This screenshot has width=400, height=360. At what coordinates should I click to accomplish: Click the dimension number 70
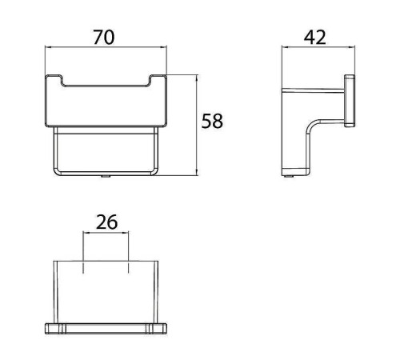coord(104,38)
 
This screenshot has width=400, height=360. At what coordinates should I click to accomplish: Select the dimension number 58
coord(212,121)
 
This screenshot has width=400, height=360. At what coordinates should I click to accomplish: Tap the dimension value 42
coord(314,38)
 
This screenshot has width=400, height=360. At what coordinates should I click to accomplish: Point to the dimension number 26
coord(106,222)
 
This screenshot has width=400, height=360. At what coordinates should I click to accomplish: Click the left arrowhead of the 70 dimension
coord(48,47)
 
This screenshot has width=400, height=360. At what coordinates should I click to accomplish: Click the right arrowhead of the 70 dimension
coord(164,47)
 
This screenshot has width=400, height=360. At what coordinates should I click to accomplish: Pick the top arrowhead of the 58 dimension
coord(197,78)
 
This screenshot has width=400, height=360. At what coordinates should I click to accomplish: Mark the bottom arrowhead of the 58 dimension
coord(197,172)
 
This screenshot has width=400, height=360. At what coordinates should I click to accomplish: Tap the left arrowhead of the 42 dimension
coord(285,47)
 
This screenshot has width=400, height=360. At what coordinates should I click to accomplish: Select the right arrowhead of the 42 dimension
coord(352,47)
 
